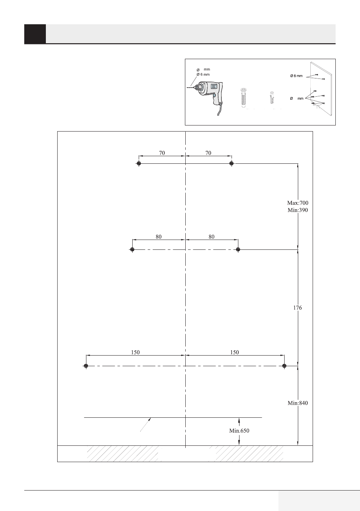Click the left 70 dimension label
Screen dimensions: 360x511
point(162,153)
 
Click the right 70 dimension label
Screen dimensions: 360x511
point(208,153)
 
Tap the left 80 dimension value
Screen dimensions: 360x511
point(158,237)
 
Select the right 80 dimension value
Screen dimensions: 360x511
point(211,237)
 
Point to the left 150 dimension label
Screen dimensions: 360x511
point(135,352)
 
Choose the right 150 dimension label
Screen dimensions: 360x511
point(235,352)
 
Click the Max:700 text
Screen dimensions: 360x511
point(297,203)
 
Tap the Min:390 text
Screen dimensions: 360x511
point(297,210)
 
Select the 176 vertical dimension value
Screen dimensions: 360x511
point(297,308)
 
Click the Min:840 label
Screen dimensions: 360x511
point(297,403)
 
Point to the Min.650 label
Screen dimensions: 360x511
point(239,431)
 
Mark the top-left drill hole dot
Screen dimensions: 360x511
point(139,163)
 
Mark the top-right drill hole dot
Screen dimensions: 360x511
point(232,163)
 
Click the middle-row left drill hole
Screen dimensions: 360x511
point(132,249)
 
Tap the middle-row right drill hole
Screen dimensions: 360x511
point(238,249)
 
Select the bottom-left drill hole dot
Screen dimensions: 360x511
point(86,366)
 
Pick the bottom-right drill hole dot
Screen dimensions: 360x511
point(284,366)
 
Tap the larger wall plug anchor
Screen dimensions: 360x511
point(244,98)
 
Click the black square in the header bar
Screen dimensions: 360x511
point(35,34)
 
